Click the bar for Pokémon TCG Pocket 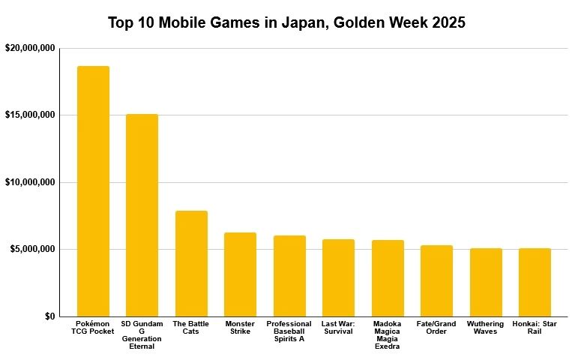tap(93, 191)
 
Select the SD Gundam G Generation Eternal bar tap(142, 215)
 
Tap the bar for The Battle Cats tap(191, 263)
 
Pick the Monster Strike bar tap(240, 274)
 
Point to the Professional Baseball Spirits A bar tap(289, 276)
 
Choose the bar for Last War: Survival tap(338, 277)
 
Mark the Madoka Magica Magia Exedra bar tap(388, 278)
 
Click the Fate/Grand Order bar tap(436, 280)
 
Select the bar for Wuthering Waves tap(486, 282)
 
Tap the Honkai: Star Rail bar tap(535, 282)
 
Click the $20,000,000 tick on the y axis tap(30, 48)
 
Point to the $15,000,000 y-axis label tap(30, 115)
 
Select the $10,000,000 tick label tap(30, 182)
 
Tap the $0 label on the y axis tap(49, 316)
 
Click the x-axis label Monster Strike tap(240, 328)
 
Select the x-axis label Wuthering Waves tap(486, 328)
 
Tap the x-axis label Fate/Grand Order tap(436, 328)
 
